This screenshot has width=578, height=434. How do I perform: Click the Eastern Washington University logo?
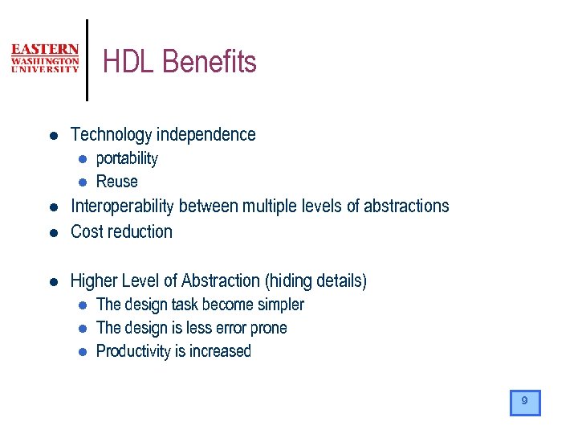click(x=45, y=59)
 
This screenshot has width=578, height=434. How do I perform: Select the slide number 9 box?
click(x=525, y=402)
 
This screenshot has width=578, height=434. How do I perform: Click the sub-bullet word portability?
click(x=127, y=159)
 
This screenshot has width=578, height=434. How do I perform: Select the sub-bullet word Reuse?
click(x=117, y=182)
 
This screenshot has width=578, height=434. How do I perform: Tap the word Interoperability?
click(x=122, y=207)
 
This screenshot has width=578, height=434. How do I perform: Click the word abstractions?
click(x=406, y=207)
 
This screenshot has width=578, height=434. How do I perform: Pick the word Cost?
click(x=86, y=232)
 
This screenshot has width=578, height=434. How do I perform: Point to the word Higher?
click(x=93, y=281)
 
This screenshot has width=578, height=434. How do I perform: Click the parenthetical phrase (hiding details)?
click(x=315, y=281)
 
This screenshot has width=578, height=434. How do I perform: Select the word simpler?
click(x=279, y=305)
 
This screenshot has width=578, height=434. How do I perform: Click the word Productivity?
click(x=132, y=351)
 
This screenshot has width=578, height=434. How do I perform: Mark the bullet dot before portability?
click(x=82, y=159)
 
